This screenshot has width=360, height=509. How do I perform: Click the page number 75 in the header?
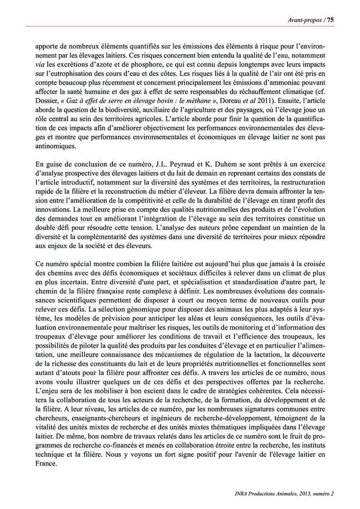pyautogui.click(x=330, y=20)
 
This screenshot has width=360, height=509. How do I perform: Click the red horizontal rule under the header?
pyautogui.click(x=180, y=26)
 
